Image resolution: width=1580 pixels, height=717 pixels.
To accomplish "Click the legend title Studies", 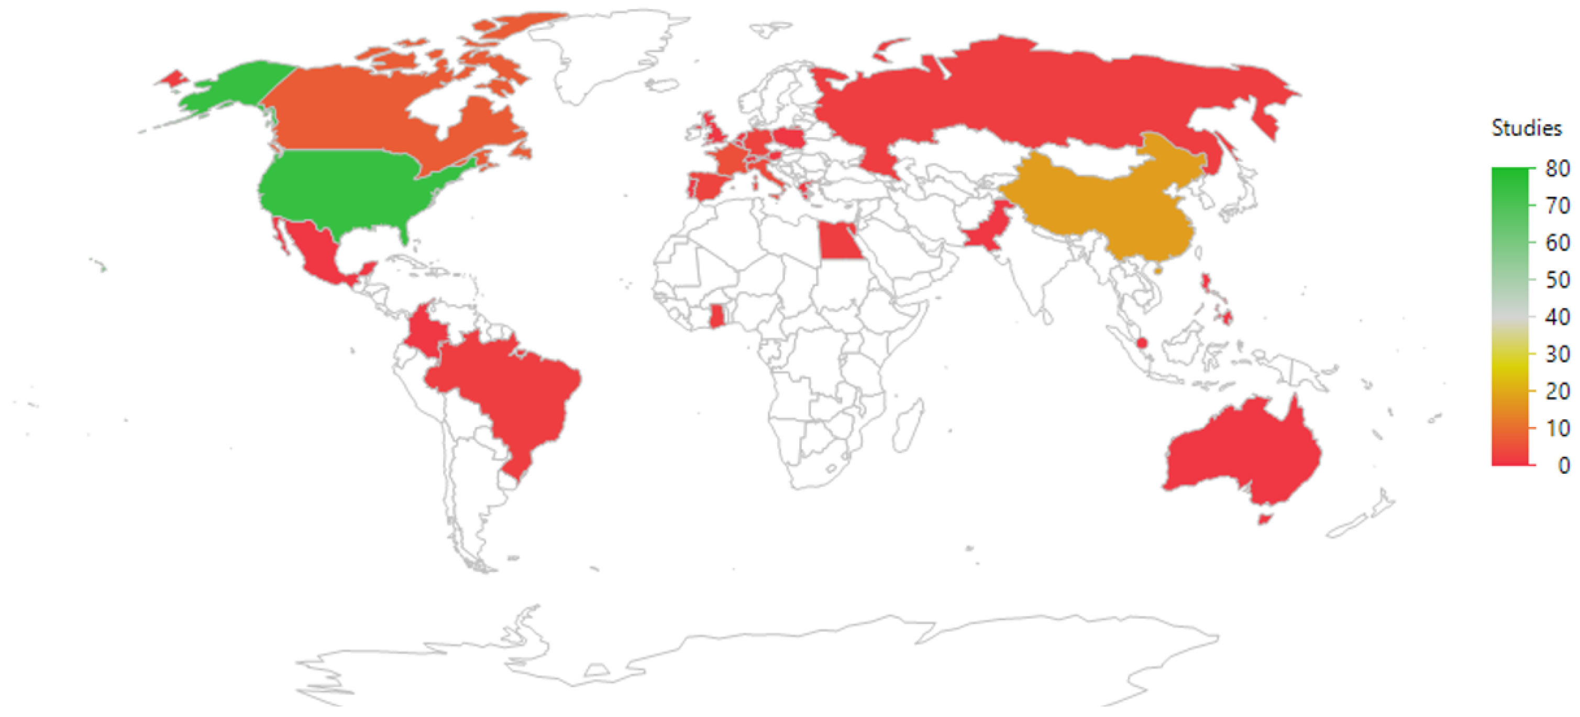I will point(1526,128).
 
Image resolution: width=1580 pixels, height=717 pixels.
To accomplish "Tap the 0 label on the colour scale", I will point(1563,465).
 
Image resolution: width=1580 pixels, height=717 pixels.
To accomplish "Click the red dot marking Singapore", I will point(1142,343).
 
